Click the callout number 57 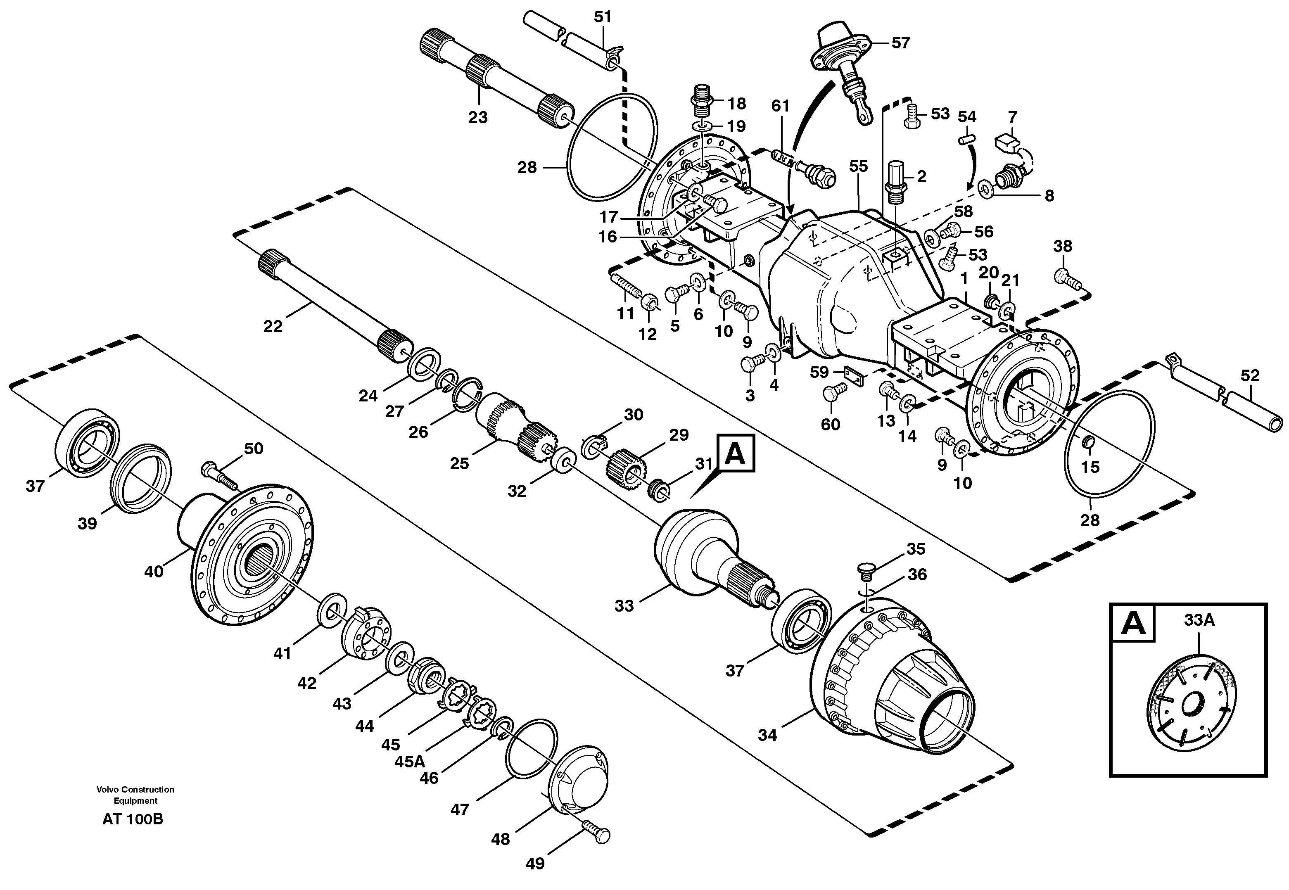[x=900, y=43]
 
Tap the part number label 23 [x=477, y=117]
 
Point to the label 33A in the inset [x=1199, y=619]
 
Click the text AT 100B [x=133, y=819]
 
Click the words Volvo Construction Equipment [x=135, y=795]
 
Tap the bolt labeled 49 [x=596, y=835]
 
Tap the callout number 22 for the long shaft [x=273, y=326]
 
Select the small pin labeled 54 [x=966, y=140]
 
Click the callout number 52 [x=1250, y=375]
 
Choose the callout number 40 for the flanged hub [x=154, y=572]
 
